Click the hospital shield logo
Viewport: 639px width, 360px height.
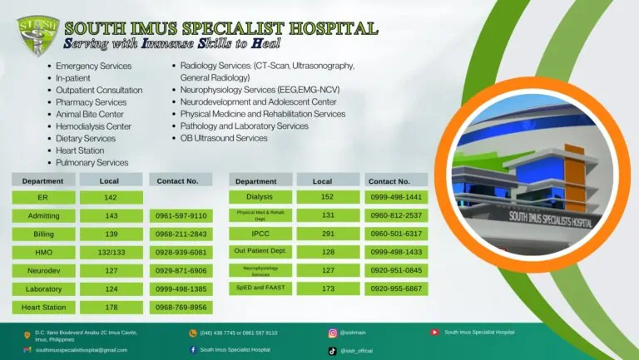[37, 35]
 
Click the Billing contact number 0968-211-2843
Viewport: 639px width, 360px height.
[181, 234]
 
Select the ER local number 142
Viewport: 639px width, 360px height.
[111, 198]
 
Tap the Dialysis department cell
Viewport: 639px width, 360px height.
[260, 197]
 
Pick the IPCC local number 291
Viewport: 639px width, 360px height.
[328, 234]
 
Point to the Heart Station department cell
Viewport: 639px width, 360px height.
[42, 307]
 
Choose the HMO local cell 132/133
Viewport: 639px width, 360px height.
[111, 252]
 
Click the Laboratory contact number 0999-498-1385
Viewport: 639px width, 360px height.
[181, 288]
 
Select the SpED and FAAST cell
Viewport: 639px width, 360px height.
[260, 288]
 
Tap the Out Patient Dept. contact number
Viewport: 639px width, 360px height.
[396, 252]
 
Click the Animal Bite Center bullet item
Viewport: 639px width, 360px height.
[90, 115]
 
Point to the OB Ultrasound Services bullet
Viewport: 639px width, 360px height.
[224, 138]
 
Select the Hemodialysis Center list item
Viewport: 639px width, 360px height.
[93, 126]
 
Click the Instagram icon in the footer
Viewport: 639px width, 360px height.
[333, 333]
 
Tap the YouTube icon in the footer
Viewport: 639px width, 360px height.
[434, 333]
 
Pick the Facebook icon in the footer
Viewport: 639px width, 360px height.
[193, 350]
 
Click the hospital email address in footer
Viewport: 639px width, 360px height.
[81, 350]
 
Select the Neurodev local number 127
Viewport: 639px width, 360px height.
[111, 270]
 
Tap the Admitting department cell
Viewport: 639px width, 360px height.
[42, 215]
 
